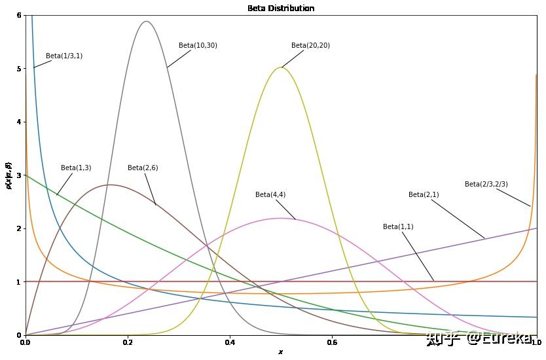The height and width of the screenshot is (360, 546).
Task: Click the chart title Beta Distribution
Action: click(x=280, y=9)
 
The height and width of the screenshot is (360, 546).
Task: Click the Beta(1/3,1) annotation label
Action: click(x=64, y=56)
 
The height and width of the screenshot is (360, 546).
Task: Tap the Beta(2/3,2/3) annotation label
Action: click(x=486, y=184)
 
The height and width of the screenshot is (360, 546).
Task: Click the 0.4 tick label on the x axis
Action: click(x=230, y=342)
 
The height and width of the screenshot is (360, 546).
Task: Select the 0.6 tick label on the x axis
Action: click(x=332, y=342)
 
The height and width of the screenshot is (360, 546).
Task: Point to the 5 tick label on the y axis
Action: click(x=18, y=69)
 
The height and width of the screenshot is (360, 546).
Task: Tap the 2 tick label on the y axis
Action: click(x=18, y=228)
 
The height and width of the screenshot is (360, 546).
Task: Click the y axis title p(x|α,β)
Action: click(x=8, y=175)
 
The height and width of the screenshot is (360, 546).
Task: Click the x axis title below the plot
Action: click(x=280, y=352)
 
